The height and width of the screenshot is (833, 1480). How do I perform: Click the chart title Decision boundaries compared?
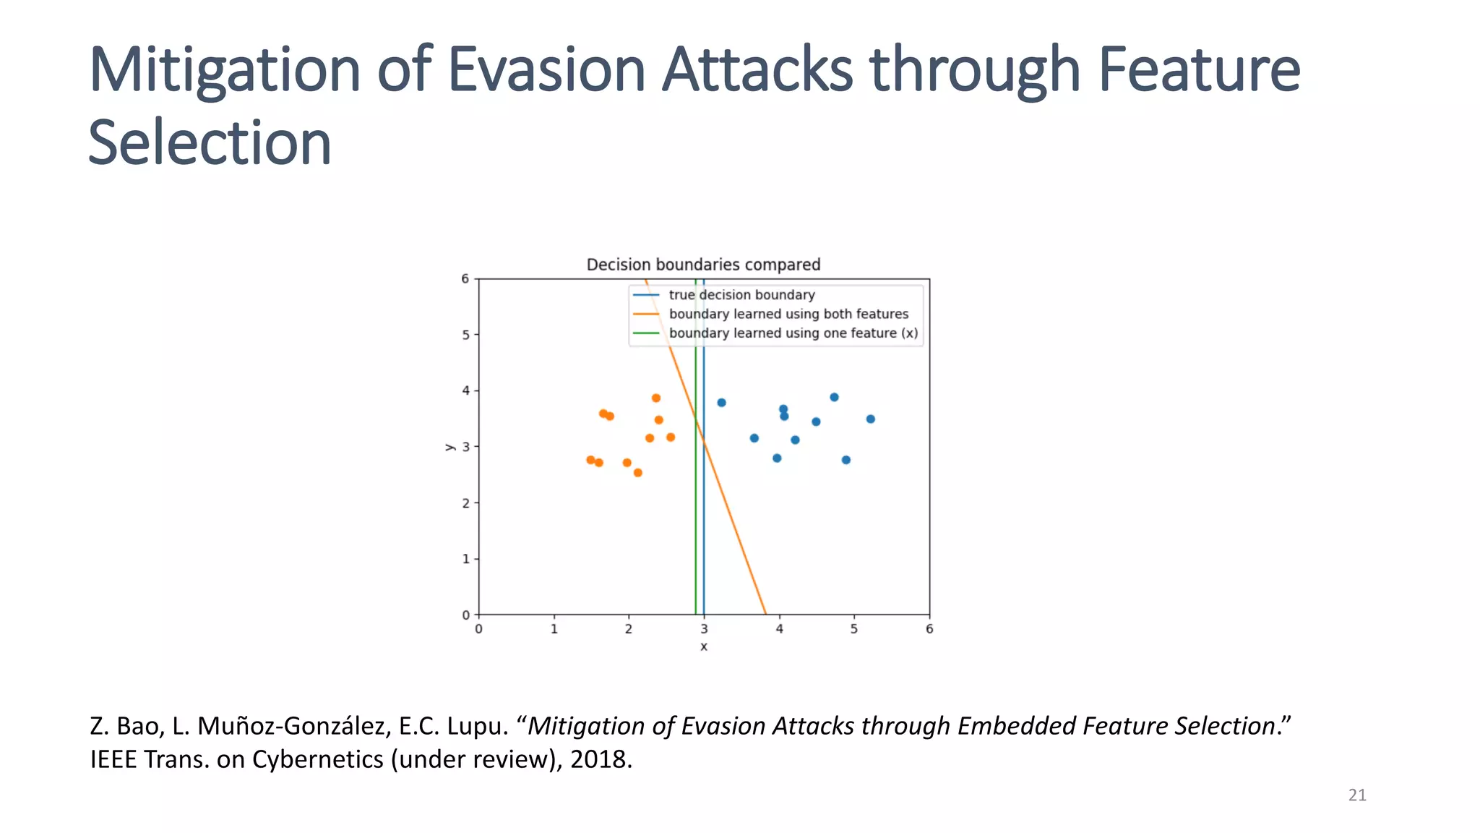point(703,265)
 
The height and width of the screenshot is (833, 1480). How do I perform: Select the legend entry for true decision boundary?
point(741,295)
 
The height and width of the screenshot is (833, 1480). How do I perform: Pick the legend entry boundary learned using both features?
point(788,314)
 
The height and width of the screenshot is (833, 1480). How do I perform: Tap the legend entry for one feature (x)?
point(793,333)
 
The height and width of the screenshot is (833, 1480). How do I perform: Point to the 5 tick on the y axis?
point(465,335)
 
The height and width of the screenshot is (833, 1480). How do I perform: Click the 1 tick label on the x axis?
point(554,629)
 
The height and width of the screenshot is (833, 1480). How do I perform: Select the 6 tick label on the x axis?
point(929,629)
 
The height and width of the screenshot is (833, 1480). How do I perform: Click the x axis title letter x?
point(704,646)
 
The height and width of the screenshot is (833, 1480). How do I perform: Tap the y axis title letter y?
point(449,447)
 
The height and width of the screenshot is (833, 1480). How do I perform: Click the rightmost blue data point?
point(871,419)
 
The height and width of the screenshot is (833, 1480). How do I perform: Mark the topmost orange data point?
point(656,398)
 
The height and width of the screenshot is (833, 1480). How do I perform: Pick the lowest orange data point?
point(638,473)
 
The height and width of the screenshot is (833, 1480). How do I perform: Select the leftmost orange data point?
point(590,460)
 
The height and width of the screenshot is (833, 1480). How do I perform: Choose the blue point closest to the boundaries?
point(721,403)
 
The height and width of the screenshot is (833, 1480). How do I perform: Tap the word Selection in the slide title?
point(210,143)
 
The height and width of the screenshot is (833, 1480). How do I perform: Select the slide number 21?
point(1357,795)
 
